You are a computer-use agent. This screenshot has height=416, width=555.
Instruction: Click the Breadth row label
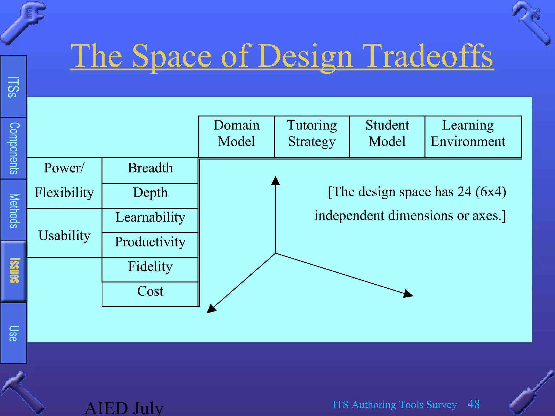(150, 168)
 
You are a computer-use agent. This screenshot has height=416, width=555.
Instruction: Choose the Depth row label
(150, 193)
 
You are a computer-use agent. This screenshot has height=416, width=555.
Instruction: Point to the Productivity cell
(150, 242)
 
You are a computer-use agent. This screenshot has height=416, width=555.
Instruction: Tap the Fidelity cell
(150, 267)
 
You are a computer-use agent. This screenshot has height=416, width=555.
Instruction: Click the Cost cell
(150, 291)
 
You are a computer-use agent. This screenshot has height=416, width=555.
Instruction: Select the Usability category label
(64, 236)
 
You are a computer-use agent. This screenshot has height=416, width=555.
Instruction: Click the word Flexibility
(64, 193)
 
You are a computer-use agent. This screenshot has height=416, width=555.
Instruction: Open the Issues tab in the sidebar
(14, 271)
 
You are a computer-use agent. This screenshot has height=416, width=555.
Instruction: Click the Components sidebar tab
(14, 148)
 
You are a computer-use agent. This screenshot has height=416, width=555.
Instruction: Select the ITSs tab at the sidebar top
(14, 87)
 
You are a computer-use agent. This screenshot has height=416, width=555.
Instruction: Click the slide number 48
(474, 404)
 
